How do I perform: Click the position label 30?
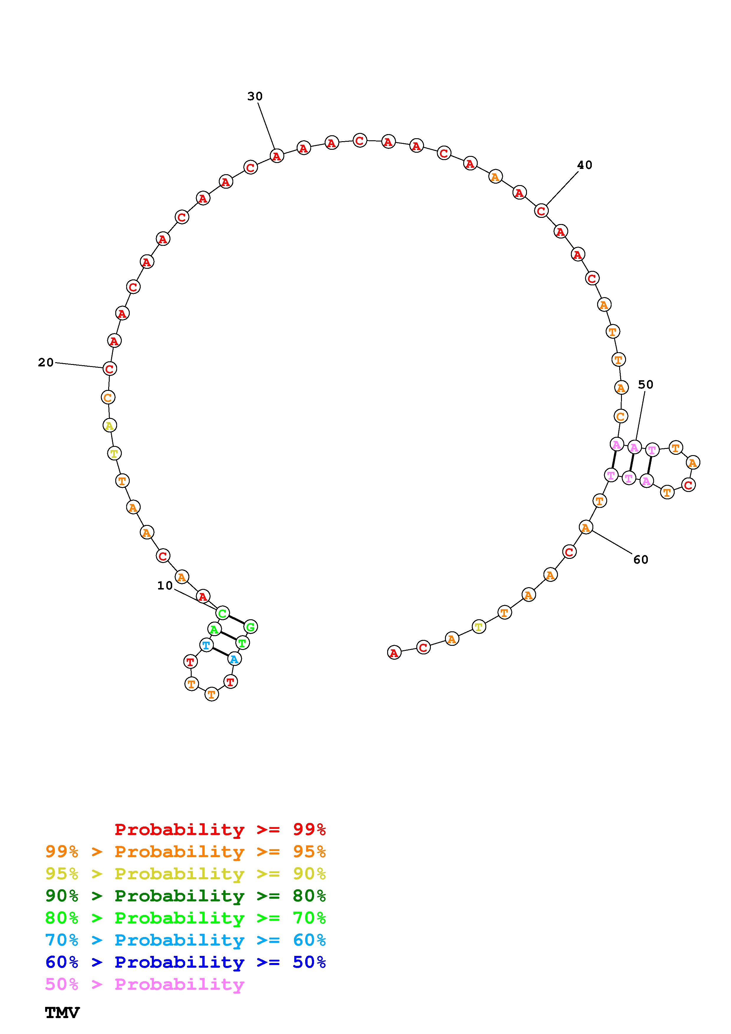[255, 96]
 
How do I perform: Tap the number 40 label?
[585, 165]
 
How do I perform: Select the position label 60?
[641, 559]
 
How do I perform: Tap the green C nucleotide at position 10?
[223, 613]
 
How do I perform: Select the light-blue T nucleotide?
[206, 645]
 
